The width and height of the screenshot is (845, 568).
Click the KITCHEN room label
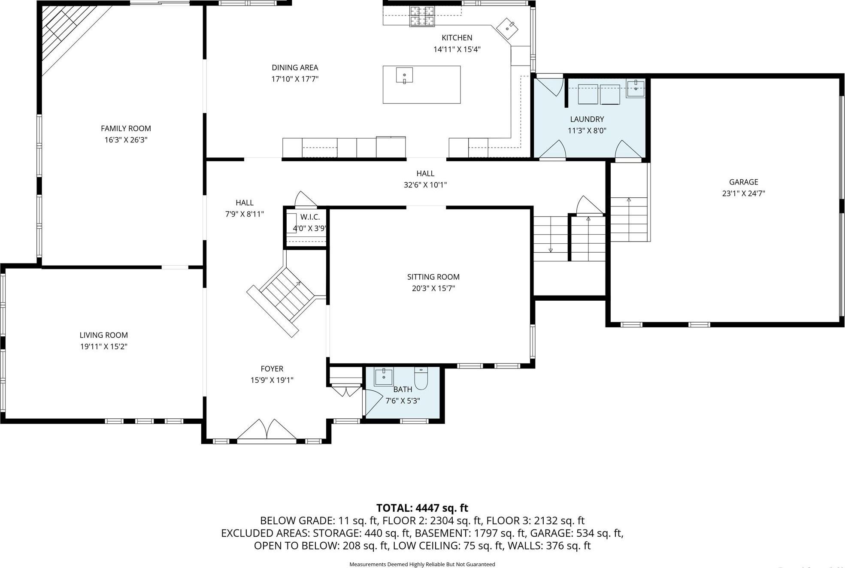[457, 38]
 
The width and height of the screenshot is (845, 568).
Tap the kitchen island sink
[404, 75]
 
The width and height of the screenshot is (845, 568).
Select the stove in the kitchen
[422, 16]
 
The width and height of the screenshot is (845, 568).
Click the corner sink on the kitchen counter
[507, 28]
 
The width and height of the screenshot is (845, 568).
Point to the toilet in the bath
[421, 378]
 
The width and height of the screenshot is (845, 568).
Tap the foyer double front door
[267, 430]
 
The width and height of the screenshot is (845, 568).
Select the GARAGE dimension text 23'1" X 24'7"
[743, 193]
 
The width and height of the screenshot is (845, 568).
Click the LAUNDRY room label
[587, 119]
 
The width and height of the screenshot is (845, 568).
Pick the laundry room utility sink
[635, 89]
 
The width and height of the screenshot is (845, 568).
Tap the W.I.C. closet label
[309, 217]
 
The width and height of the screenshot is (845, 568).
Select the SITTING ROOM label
[433, 277]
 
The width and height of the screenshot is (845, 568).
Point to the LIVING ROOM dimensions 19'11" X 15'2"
[103, 347]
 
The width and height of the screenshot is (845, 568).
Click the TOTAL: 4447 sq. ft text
[422, 508]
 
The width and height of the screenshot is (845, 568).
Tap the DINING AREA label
[295, 68]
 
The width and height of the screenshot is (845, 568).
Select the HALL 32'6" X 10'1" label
[425, 179]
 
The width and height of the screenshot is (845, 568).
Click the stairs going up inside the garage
[628, 219]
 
